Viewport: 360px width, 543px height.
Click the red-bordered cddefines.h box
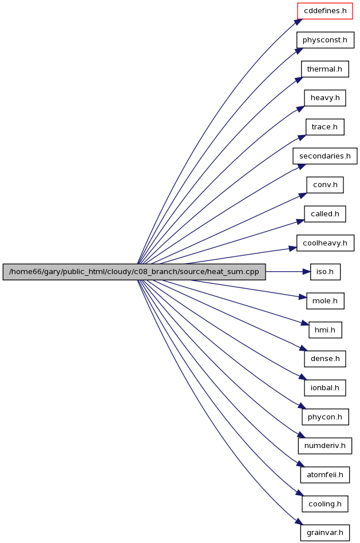(x=325, y=11)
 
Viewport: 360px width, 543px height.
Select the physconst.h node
(x=325, y=40)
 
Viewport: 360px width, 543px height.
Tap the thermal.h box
(x=325, y=69)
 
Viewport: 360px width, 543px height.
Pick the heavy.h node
(x=325, y=98)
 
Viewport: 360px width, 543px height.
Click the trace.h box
(x=325, y=127)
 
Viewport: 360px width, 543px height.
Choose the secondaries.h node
(x=325, y=156)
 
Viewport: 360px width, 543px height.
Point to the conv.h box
(x=325, y=185)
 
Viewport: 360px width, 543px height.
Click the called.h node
(x=325, y=214)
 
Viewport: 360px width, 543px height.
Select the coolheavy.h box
(x=325, y=243)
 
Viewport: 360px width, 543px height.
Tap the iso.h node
(x=325, y=272)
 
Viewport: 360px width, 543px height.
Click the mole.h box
(x=325, y=301)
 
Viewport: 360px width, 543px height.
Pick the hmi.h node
(x=325, y=330)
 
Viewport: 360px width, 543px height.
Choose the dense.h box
(x=325, y=359)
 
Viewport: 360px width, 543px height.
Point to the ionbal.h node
(x=325, y=388)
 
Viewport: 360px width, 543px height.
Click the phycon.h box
(x=325, y=417)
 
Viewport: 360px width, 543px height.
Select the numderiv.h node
(x=325, y=446)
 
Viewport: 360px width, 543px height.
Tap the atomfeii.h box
(x=325, y=475)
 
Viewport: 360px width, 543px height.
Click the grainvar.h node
(x=325, y=533)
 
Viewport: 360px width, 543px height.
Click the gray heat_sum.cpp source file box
(x=134, y=272)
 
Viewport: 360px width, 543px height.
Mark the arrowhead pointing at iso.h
(x=307, y=272)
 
